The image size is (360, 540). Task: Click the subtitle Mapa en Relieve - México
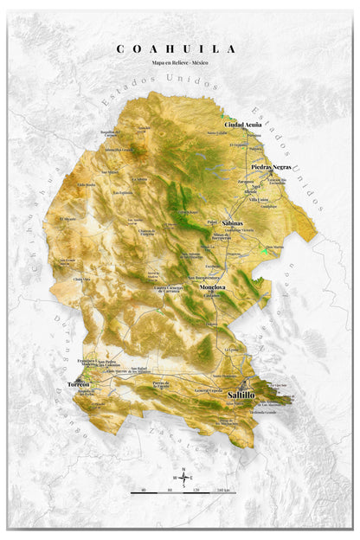click(180, 63)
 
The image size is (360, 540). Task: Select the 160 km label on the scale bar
click(223, 491)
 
